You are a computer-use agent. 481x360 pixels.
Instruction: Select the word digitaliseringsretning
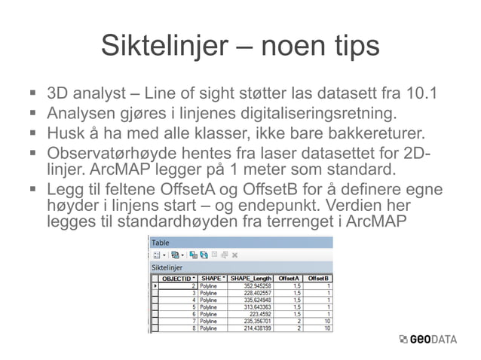(x=319, y=114)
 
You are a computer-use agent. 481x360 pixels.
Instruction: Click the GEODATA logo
(x=427, y=339)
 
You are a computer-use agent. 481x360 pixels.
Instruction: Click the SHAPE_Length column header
(x=251, y=279)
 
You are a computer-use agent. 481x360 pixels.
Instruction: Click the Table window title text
(x=161, y=243)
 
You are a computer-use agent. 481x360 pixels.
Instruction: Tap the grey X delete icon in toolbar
(x=234, y=255)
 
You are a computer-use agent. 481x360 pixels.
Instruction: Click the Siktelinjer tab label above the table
(x=171, y=267)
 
